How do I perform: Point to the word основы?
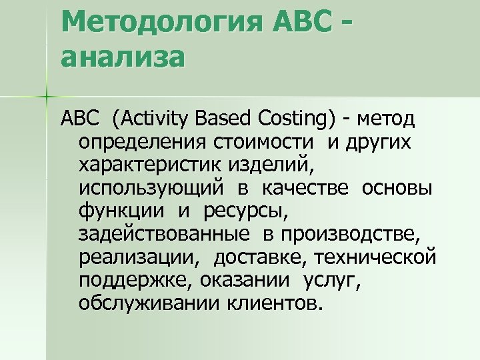coord(397,188)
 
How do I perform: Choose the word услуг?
coord(331,281)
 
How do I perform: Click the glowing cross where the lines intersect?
coord(47,97)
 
